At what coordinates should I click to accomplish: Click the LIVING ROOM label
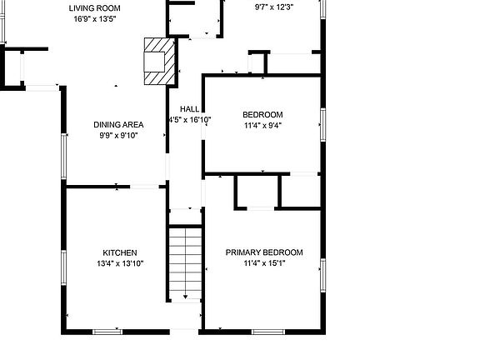coord(88,7)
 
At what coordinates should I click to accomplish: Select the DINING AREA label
coord(118,124)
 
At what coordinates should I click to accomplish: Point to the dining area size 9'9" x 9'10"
coord(117,135)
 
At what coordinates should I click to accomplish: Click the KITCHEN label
coord(120,252)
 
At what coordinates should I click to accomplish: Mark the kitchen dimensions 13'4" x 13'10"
coord(120,263)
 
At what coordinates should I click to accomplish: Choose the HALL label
coord(190,109)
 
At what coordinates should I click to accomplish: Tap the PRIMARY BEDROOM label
coord(264,252)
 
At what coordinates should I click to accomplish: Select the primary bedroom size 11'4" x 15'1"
coord(264,263)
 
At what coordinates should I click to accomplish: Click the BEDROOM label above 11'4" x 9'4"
coord(262,115)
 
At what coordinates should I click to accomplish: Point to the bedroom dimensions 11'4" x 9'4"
coord(262,126)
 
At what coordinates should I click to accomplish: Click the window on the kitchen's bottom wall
coord(107,331)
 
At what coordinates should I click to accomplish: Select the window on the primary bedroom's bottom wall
coord(269,331)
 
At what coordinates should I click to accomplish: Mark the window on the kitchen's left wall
coord(63,263)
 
